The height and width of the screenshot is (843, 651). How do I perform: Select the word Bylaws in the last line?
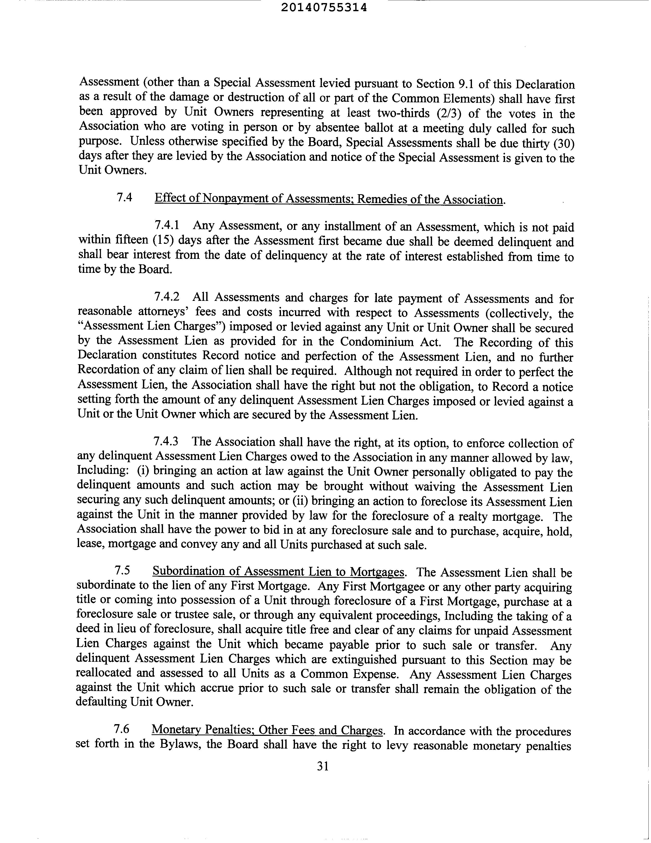click(x=179, y=744)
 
